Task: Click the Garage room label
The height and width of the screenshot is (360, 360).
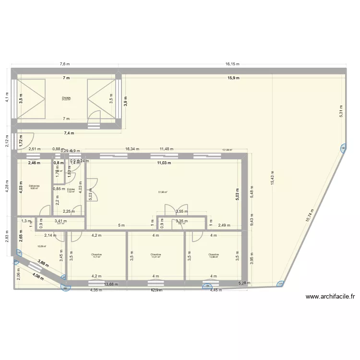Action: [66, 98]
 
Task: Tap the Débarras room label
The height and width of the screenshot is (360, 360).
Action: [34, 186]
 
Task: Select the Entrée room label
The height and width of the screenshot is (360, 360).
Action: [71, 190]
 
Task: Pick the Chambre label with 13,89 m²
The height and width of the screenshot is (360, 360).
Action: [214, 254]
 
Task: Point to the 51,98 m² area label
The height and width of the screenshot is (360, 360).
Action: [163, 192]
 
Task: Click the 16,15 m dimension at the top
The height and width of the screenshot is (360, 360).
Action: [233, 64]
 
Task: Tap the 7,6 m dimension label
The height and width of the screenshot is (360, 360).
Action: [65, 64]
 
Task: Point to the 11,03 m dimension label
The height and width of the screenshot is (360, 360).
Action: [164, 163]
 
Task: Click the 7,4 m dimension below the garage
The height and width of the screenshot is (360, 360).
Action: [69, 133]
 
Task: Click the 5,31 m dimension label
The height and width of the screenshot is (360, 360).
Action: [341, 111]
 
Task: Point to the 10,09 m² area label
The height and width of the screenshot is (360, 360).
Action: [42, 247]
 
